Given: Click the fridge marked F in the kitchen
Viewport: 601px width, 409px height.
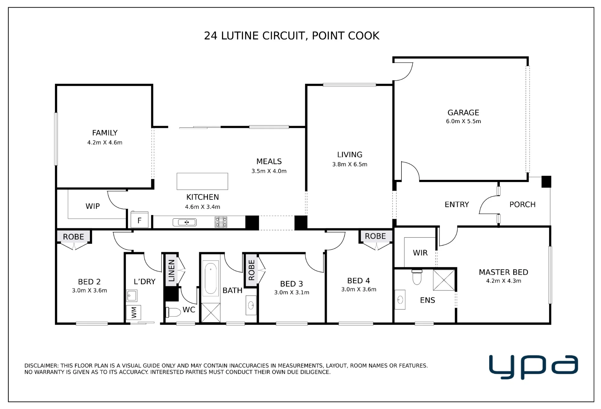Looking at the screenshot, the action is (x=139, y=220).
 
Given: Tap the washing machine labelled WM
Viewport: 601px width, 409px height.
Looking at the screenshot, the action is (x=133, y=313).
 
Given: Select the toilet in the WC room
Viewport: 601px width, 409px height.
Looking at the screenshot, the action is (x=173, y=312).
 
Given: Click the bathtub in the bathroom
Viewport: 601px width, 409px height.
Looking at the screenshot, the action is (x=211, y=278).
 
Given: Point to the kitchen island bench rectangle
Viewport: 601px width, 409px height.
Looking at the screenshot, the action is (x=202, y=181).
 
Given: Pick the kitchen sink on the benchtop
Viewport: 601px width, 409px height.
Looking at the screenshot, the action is (x=185, y=222).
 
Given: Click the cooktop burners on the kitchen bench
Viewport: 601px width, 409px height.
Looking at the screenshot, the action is (x=221, y=222).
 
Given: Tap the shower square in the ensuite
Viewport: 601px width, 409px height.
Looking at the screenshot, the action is (x=444, y=280).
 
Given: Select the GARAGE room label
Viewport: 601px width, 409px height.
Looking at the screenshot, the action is (x=463, y=113).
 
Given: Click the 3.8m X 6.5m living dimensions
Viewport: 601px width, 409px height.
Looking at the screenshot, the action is (x=350, y=164).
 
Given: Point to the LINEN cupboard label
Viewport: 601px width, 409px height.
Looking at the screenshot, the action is (x=172, y=271).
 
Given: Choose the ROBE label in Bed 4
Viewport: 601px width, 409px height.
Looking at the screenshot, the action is (x=375, y=236).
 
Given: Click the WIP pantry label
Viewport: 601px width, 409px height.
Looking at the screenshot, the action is (x=93, y=206).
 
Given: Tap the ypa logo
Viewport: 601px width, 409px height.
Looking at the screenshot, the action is (x=533, y=367).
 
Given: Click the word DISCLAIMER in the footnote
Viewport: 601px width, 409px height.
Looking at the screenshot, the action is (x=41, y=366).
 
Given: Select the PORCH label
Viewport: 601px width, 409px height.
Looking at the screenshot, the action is (x=523, y=204).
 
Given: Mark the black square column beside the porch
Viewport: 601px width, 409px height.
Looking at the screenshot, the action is (x=546, y=182).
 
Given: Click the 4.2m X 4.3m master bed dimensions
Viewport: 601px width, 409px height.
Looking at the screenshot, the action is (x=504, y=281).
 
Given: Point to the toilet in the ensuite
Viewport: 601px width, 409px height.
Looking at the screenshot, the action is (x=417, y=277).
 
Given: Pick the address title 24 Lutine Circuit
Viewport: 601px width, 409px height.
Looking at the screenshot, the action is (x=291, y=36).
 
